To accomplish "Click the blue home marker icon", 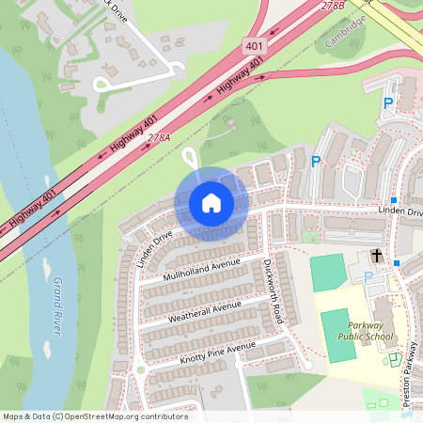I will click(x=211, y=202).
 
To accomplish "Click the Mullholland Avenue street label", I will click(x=201, y=268).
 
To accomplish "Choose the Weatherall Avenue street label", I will click(x=205, y=311).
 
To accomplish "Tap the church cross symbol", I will click(x=377, y=256).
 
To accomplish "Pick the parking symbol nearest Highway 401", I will click(x=387, y=102).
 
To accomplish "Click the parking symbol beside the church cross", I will click(x=367, y=276).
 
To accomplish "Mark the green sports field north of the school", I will click(x=327, y=272).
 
